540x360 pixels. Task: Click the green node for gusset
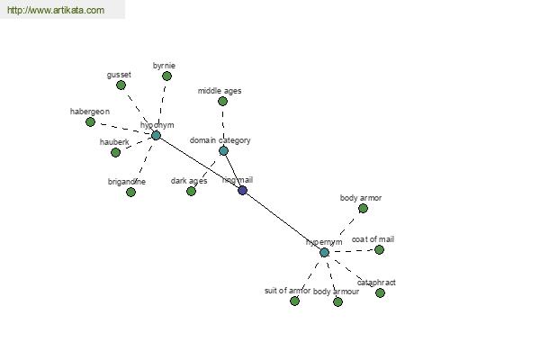coord(121,85)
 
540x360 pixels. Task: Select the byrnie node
coord(166,76)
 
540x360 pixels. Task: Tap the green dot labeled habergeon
coord(90,121)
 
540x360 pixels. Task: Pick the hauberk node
coord(115,152)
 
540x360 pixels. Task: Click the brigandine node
coord(130,192)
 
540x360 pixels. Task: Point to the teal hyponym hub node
coord(156,136)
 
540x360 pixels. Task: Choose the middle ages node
coord(222,102)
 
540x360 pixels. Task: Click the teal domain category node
coord(223,150)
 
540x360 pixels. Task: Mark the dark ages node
coord(191,191)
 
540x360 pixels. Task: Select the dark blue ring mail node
coord(242,190)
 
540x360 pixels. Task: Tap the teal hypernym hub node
coord(324,253)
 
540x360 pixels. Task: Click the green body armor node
coord(363,208)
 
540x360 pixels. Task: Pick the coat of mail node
coord(379,249)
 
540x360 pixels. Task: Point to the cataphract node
coord(380,292)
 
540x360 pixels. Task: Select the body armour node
coord(337,301)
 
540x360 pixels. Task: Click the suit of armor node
coord(294,301)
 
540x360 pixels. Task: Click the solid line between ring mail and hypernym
coord(283,221)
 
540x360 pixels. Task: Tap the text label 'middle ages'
coord(220,91)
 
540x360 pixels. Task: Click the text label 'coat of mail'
coord(373,239)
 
